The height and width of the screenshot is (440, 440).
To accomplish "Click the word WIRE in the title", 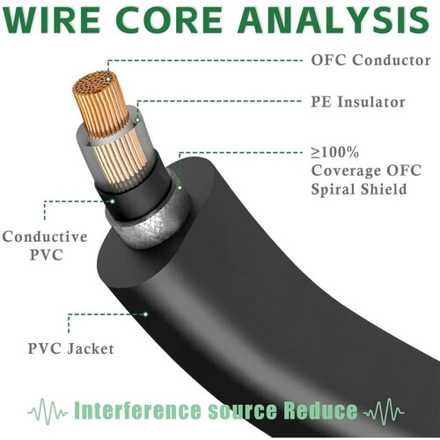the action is coord(51,19).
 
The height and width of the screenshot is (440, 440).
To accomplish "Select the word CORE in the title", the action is coord(167,19).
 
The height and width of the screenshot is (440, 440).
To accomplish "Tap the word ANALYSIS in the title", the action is coord(334,19).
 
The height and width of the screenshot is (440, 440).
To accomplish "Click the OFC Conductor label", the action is coord(370,60).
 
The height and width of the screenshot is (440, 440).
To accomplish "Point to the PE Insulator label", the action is coord(358,102).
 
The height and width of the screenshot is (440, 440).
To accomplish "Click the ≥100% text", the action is coord(335,152).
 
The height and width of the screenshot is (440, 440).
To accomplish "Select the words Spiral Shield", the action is coord(359,189).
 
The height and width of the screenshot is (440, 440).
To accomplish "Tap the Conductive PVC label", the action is coord(45,246).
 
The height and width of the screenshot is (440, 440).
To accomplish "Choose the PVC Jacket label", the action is coord(70,348).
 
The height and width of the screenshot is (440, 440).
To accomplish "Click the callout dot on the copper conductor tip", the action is coord(108,79).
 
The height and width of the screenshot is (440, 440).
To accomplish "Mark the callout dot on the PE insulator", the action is coord(137,120).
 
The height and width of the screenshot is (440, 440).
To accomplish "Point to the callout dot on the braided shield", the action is coord(180,187).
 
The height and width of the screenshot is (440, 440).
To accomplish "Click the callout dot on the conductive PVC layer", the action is coord(112,202).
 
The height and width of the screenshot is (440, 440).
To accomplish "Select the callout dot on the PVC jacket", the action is coord(145,314).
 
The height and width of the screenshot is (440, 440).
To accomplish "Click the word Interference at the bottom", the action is coord(137,410).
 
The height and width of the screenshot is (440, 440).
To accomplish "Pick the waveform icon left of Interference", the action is coord(48,412).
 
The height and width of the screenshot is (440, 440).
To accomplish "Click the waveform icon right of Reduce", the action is coord(384,412).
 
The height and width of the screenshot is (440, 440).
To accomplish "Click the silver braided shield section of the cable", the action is coord(152,226).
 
